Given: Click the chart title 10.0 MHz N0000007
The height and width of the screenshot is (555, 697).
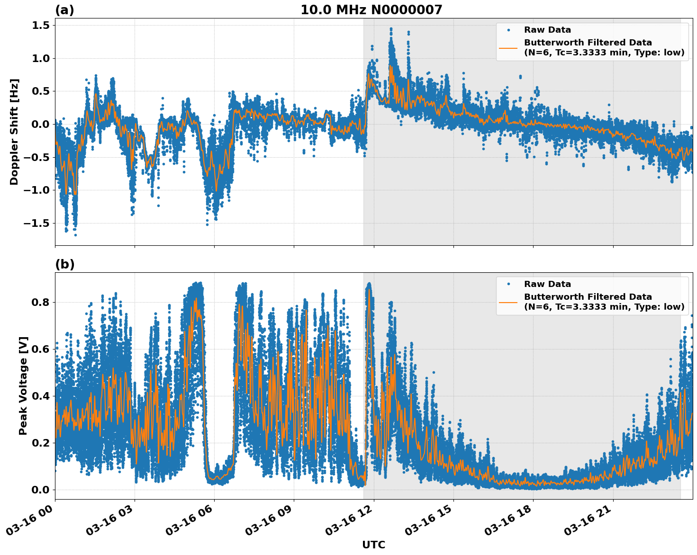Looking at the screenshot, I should coord(371,10).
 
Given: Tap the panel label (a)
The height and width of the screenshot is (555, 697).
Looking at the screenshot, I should coord(64,10).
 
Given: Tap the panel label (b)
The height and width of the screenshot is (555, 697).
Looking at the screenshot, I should coord(64,264).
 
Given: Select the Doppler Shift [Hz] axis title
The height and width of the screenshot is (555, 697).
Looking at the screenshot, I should coord(14,132).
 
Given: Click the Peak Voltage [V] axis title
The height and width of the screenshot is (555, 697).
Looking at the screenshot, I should coord(23,385).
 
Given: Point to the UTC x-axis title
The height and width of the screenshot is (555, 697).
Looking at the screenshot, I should coord(373,545).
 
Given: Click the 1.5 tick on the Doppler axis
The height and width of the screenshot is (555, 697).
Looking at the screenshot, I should coord(41,26).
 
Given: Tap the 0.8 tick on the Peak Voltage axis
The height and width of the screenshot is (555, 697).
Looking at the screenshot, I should coord(41,302).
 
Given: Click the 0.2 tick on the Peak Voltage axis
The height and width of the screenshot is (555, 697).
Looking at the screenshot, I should coord(41,443).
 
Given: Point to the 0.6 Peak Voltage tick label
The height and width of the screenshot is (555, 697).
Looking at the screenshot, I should coord(41,349).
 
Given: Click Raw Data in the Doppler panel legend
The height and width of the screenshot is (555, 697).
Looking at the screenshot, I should coord(547,30).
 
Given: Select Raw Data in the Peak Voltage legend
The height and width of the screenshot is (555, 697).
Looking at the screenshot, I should coord(547,284).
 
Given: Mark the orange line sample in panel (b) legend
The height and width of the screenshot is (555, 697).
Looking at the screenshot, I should coord(508,302).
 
